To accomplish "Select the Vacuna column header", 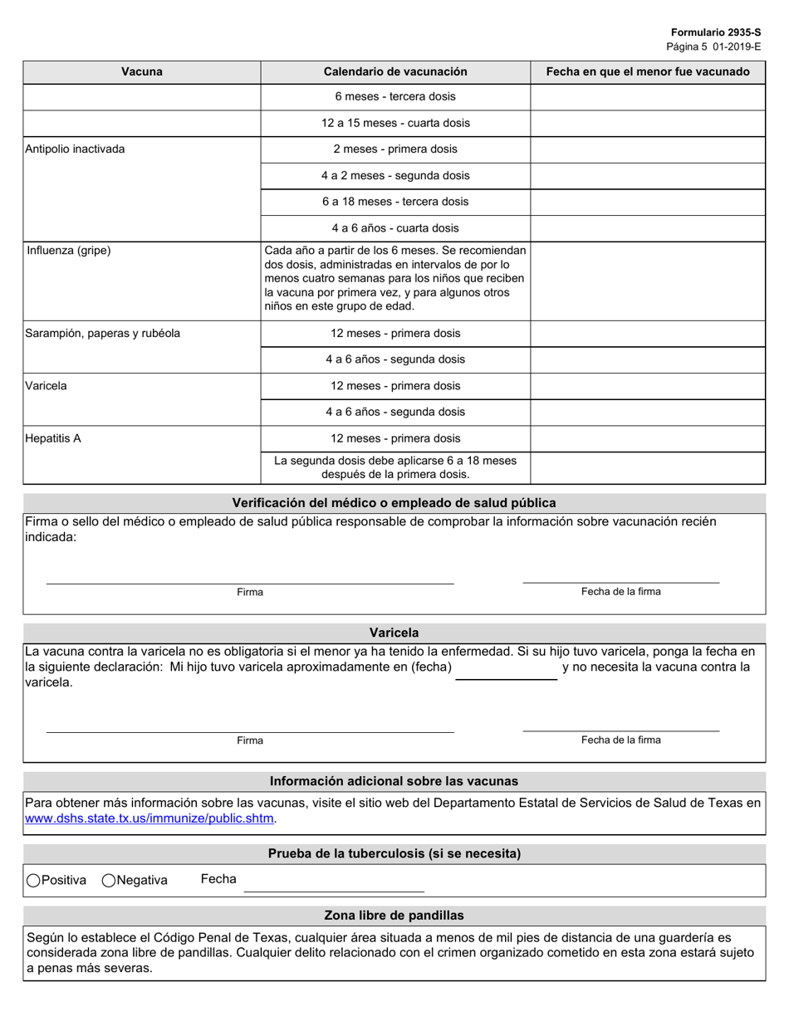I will click(x=142, y=71).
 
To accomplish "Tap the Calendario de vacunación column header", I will click(x=395, y=71).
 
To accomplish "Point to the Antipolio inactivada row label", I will click(x=76, y=149).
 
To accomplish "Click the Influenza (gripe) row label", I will click(x=68, y=250).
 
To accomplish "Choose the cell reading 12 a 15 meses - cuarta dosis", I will click(x=395, y=123).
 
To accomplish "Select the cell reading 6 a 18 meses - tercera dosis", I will click(x=395, y=202).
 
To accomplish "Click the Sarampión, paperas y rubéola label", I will click(x=103, y=334).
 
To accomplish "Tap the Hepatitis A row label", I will click(x=53, y=438).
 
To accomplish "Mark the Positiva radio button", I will click(x=33, y=881).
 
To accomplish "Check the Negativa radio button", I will click(x=109, y=881).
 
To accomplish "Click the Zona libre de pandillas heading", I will click(x=394, y=916).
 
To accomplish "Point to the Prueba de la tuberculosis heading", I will click(x=394, y=853).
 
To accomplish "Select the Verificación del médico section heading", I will click(x=394, y=503).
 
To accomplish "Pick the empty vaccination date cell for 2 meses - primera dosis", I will click(x=647, y=149).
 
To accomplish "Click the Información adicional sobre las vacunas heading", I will click(x=394, y=781).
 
